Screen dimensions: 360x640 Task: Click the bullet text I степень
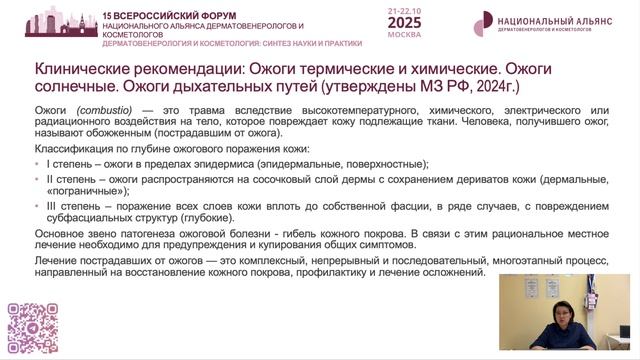pos(72,163)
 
